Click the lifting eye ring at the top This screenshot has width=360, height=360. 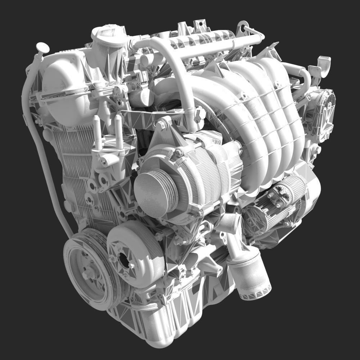click(x=243, y=26)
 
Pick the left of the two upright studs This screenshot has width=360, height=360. click(x=96, y=132)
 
